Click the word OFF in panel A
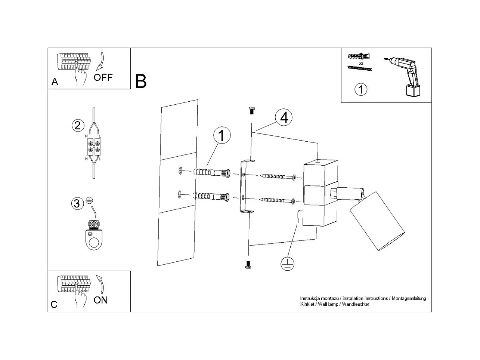pos(103,77)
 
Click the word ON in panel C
pos(100,300)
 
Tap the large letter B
pos(140,81)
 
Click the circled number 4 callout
pos(284,117)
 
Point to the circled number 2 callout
pos(77,125)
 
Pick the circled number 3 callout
pos(77,203)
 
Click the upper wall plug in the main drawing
pos(211,173)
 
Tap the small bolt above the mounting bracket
pos(251,110)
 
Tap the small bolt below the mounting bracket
pos(248,265)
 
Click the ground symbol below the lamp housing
pos(287,264)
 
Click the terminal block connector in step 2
pos(94,147)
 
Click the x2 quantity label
pos(361,64)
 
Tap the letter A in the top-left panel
pos(55,82)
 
